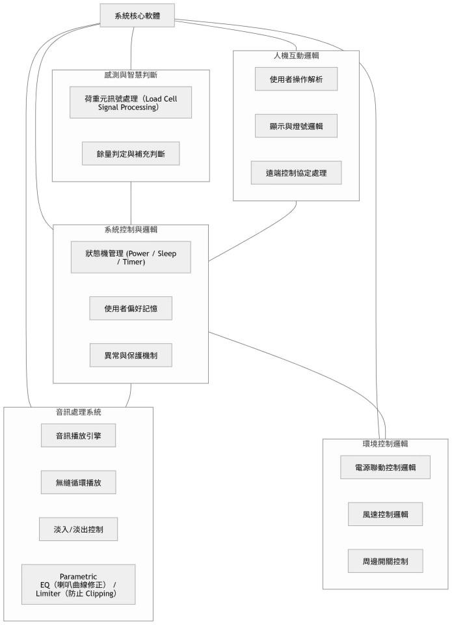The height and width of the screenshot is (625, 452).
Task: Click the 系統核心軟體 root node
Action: pos(138,15)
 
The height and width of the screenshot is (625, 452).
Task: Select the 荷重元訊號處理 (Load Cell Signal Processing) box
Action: pos(131,103)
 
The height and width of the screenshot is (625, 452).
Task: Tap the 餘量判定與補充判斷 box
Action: pos(131,154)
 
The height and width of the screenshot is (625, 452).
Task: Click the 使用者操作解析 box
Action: pos(296,78)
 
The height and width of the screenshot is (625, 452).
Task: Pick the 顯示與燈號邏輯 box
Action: pos(296,125)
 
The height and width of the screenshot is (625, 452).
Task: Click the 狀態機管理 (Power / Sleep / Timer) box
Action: pos(131,257)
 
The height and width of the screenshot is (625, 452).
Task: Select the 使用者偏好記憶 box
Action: pos(131,308)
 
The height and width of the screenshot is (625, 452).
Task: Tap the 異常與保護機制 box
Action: pos(131,355)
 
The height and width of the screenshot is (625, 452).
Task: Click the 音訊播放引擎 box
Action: pos(78,436)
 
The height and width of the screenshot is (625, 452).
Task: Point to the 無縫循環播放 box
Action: pos(78,482)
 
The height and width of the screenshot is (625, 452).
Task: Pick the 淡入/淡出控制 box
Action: pos(78,529)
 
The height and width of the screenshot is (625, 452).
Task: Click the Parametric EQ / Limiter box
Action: pos(78,584)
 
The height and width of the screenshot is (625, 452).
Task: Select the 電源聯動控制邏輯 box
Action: pos(386,467)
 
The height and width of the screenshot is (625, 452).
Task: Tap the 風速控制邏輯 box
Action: pos(386,514)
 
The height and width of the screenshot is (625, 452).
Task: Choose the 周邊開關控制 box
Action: pos(386,561)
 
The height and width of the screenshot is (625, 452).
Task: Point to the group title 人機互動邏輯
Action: pos(296,55)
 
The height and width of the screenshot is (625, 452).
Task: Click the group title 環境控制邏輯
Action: pos(385,443)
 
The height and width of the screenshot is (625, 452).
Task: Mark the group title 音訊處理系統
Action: pos(78,412)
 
